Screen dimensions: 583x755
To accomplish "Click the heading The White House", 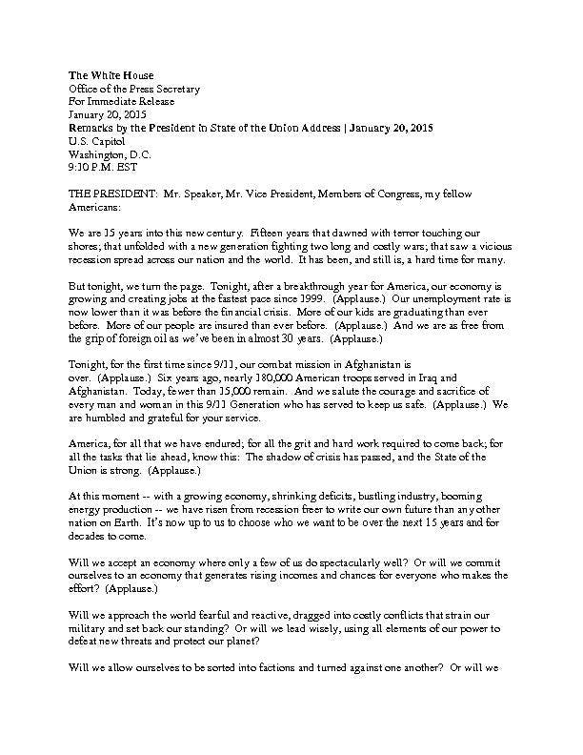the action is [111, 75].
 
